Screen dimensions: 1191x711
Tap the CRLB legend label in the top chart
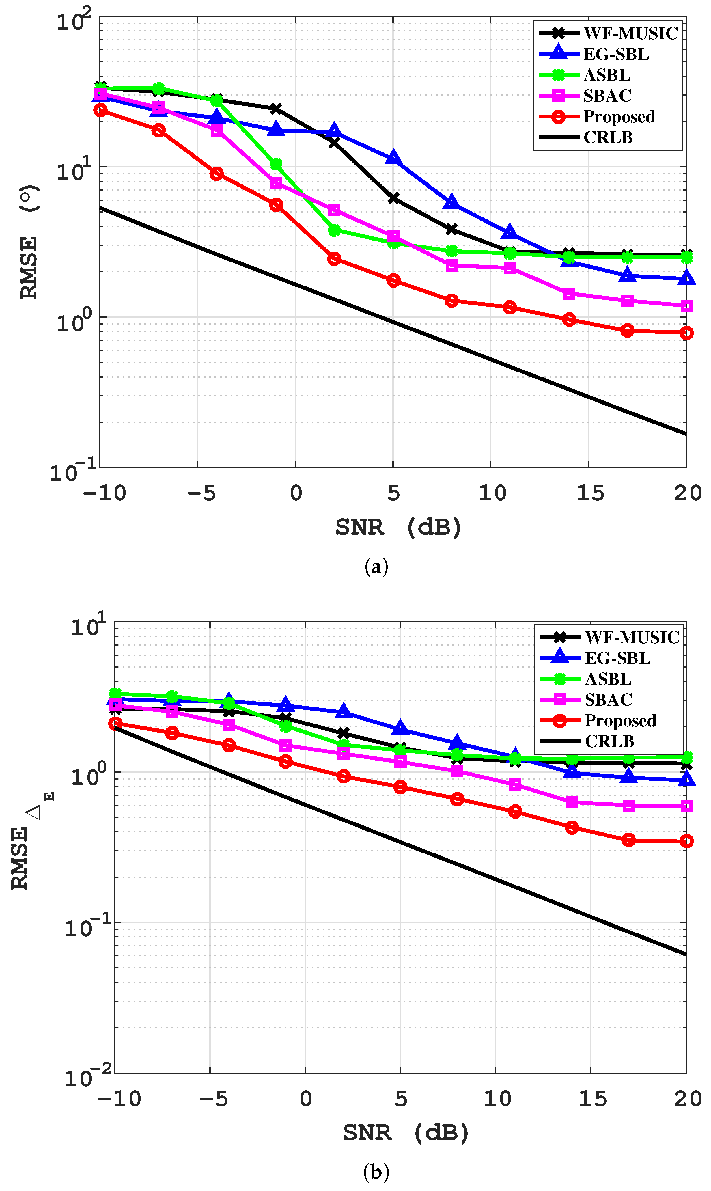tap(608, 137)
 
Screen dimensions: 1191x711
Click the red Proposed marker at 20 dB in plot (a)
tap(686, 333)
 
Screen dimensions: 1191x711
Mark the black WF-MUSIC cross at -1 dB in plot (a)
tap(275, 109)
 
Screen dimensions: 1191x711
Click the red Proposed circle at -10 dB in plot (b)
tap(115, 724)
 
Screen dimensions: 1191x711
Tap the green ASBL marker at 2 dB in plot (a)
tap(334, 230)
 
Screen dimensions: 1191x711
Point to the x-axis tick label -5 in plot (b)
tap(214, 1099)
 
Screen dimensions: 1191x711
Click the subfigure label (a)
tap(376, 567)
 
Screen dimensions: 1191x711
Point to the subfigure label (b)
tap(376, 1172)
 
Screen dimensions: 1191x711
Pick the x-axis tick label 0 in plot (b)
tap(306, 1099)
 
